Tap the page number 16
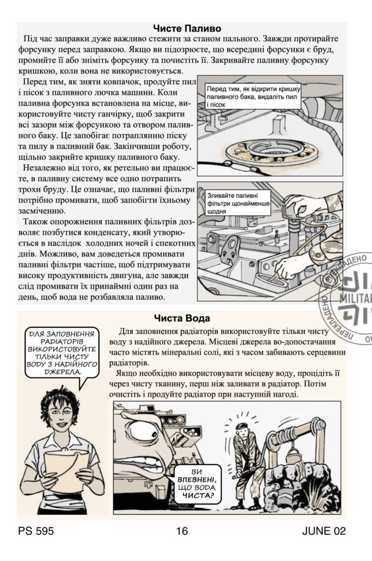tap(182, 531)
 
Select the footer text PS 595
tap(36, 531)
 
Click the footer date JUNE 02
tap(323, 531)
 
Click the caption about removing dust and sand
tap(240, 95)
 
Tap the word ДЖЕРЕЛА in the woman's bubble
tap(62, 372)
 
